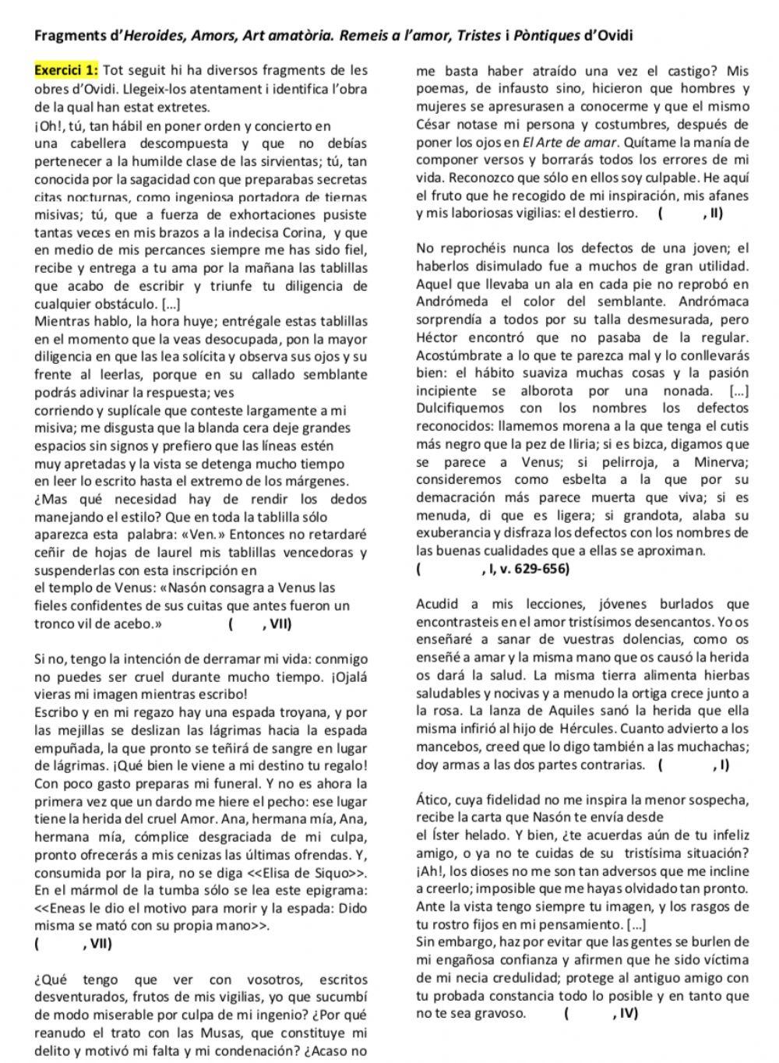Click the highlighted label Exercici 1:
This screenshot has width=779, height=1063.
pos(66,71)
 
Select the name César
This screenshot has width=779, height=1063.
pos(436,125)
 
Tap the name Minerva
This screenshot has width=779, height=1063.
pos(723,462)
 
